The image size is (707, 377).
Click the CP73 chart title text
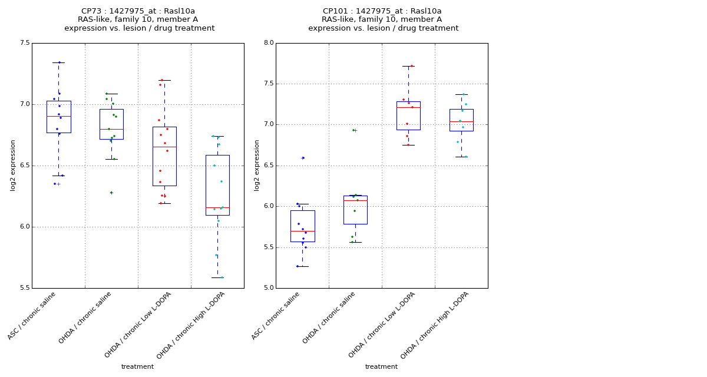(x=139, y=19)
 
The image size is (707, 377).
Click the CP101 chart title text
(x=383, y=19)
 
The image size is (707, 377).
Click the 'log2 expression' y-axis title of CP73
(x=13, y=165)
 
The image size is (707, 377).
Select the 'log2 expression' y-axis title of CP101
(x=257, y=165)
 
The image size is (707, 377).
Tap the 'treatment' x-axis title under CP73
(x=137, y=366)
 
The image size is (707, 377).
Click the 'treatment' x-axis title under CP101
(x=381, y=366)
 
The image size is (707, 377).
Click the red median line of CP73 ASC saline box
(x=58, y=117)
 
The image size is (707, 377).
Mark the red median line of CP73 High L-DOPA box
(x=217, y=207)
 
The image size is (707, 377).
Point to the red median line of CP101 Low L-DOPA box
(x=408, y=107)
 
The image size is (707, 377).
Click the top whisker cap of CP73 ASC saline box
(x=58, y=62)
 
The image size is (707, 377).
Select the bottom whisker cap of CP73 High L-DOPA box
(x=217, y=277)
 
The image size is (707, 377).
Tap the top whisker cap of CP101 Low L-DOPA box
(x=408, y=66)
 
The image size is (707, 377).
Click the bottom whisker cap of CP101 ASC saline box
(x=302, y=266)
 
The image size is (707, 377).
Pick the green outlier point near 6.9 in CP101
(x=353, y=130)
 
